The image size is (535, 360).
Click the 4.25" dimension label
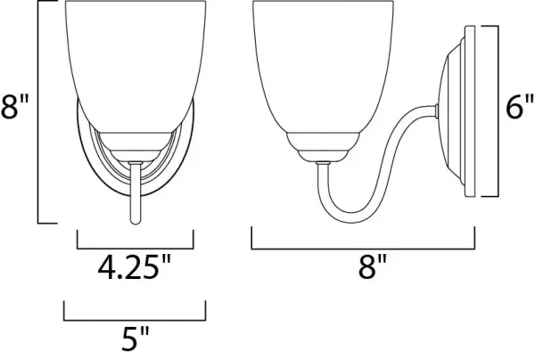[x=134, y=267]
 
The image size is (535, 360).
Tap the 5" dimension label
[x=136, y=339]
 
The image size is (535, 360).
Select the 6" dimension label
[x=520, y=106]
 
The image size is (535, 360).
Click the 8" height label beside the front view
[x=14, y=106]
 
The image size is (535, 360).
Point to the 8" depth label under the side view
[x=373, y=266]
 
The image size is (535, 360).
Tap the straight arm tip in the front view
[x=136, y=222]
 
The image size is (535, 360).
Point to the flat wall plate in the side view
[x=470, y=111]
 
